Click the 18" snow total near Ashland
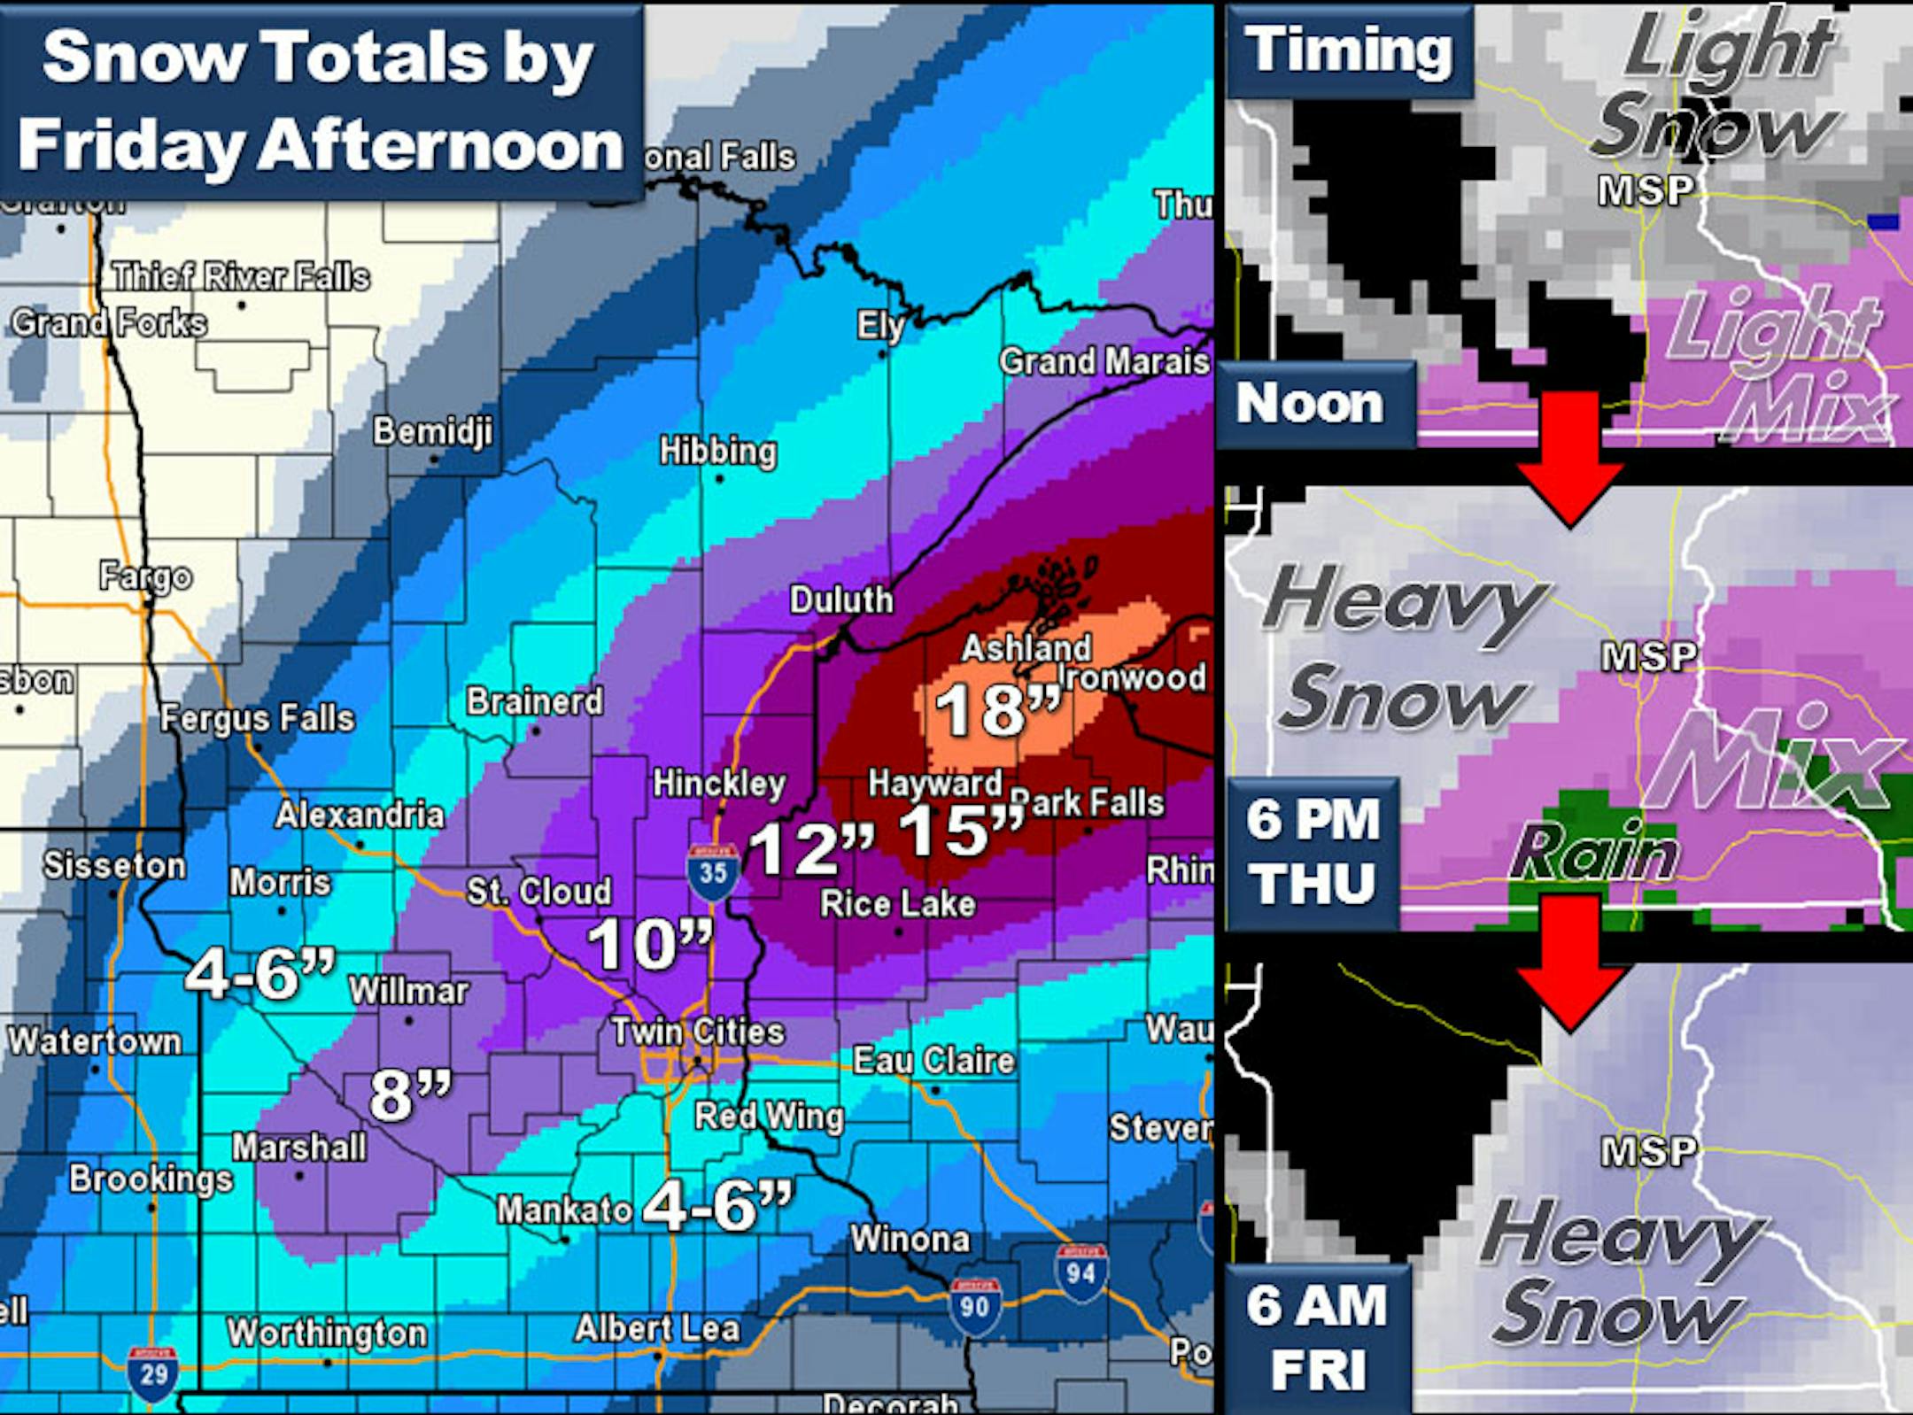pos(996,710)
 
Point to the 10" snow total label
pos(649,945)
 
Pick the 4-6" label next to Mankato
pos(717,1206)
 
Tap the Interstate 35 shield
pos(713,872)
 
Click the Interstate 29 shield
pos(153,1374)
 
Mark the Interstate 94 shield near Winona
pos(1080,1273)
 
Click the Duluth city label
pos(841,600)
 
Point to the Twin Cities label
pos(698,1032)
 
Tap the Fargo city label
pos(145,577)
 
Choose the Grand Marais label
pos(1104,361)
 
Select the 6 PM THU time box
pos(1313,852)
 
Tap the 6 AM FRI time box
pos(1317,1337)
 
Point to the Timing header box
pos(1349,50)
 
